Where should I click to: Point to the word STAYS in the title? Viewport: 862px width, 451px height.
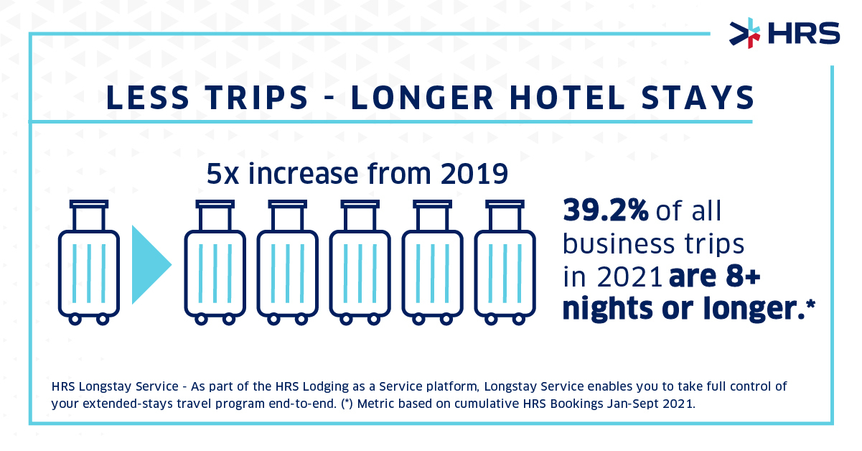pos(693,98)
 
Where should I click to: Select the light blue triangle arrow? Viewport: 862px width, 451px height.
pos(150,265)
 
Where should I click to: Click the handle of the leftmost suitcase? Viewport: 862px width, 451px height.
pos(89,213)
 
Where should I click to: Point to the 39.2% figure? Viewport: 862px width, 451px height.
pos(606,211)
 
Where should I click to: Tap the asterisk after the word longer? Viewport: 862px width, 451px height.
pos(810,304)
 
